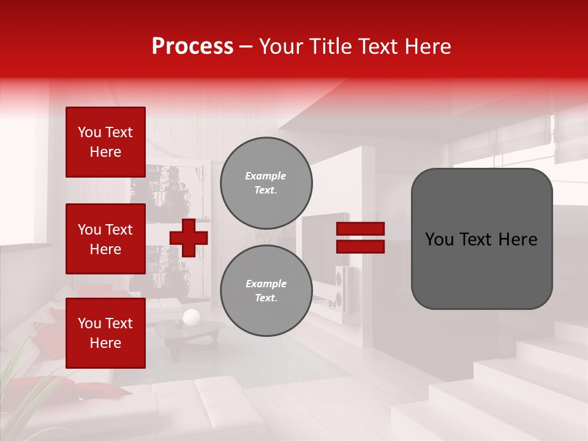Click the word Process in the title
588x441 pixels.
[192, 47]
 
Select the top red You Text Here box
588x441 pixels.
[105, 142]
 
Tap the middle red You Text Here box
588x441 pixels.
[105, 239]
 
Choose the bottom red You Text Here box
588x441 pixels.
[105, 333]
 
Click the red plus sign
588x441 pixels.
[189, 238]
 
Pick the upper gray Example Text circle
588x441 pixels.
[266, 183]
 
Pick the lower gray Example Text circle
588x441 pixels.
[266, 290]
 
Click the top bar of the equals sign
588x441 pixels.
[360, 229]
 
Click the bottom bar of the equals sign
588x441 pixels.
[360, 246]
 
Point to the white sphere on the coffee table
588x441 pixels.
[191, 317]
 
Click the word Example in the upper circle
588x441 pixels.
[266, 176]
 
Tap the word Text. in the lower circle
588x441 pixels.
[266, 298]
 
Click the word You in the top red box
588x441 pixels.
[89, 132]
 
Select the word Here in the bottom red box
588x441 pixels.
[105, 343]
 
